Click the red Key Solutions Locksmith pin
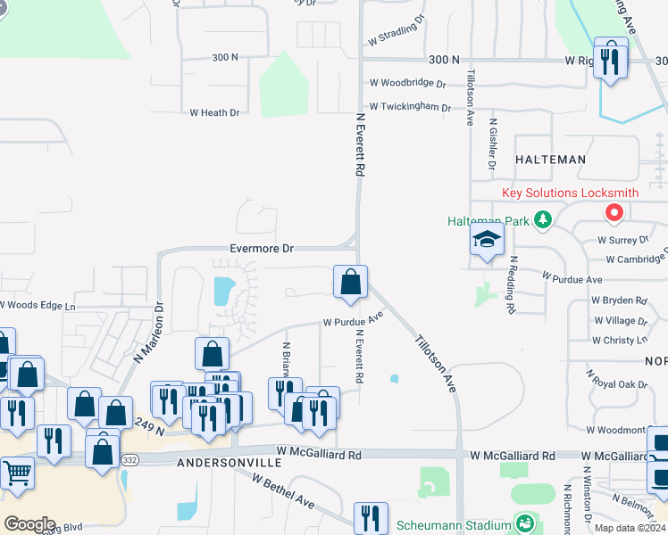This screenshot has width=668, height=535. tap(614, 213)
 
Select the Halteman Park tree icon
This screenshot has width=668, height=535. tap(541, 219)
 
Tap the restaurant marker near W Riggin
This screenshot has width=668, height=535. tap(611, 60)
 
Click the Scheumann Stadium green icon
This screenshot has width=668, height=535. tap(525, 523)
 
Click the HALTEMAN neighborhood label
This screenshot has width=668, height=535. tap(550, 160)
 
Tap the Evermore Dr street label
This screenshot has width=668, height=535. tap(261, 249)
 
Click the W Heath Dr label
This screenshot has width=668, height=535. tap(214, 112)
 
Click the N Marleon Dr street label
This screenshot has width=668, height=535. tap(149, 331)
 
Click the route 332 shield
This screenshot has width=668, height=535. tap(130, 458)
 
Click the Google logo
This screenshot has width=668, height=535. tap(29, 524)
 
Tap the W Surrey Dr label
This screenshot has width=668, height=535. tap(622, 240)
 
